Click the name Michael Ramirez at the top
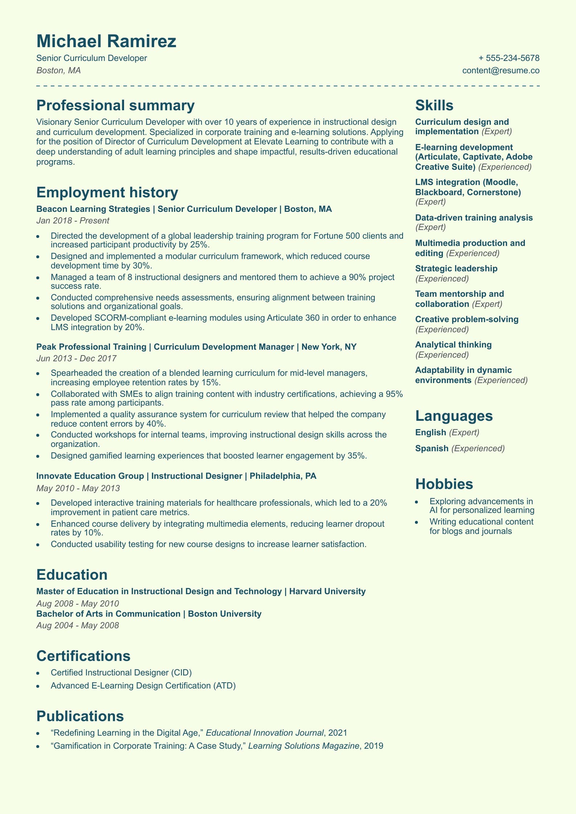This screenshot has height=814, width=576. (x=106, y=41)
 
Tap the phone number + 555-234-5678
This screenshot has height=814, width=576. (x=509, y=58)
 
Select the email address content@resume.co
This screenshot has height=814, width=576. (x=501, y=70)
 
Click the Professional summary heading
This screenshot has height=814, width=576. (x=115, y=106)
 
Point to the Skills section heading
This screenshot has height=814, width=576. (x=434, y=106)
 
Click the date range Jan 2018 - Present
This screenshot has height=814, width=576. (x=73, y=221)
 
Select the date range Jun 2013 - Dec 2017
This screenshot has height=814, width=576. (x=76, y=358)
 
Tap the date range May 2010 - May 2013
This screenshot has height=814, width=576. (x=78, y=488)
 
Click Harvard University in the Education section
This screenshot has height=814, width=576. (x=327, y=591)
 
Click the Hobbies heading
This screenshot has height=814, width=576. (x=444, y=484)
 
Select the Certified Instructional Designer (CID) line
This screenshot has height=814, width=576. (x=121, y=673)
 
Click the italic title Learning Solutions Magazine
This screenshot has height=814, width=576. (x=304, y=746)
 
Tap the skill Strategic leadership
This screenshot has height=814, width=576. (x=456, y=268)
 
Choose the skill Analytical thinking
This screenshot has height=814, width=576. (x=453, y=345)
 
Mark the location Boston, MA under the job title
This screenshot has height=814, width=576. (x=58, y=70)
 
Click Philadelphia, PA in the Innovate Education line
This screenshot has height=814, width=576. (x=283, y=476)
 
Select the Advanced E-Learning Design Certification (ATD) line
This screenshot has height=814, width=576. (x=143, y=686)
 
